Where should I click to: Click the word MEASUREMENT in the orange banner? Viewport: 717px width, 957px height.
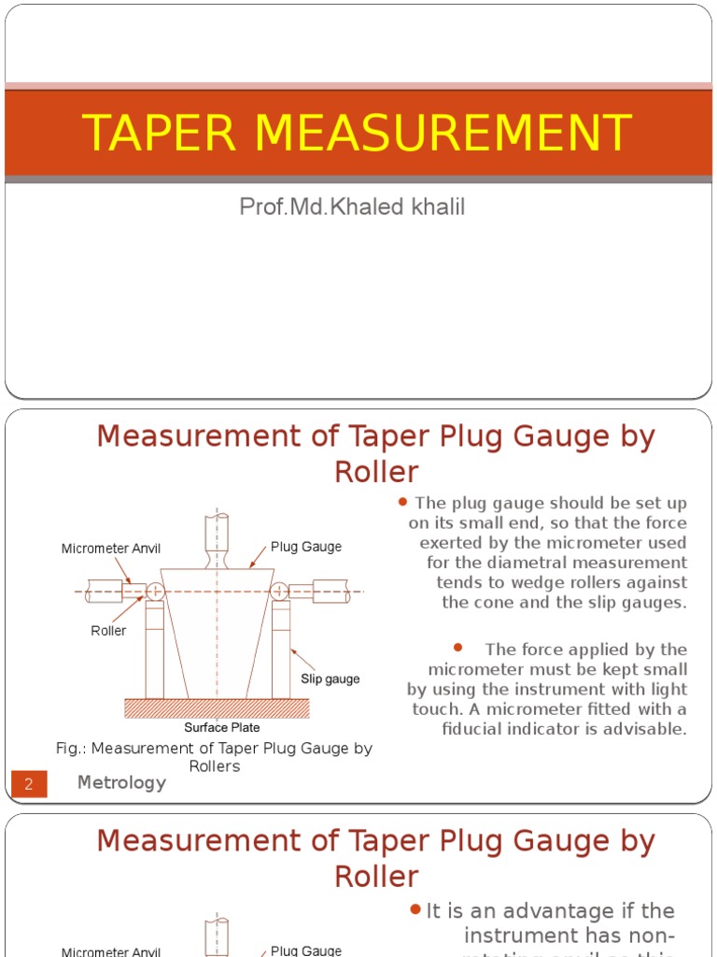tap(443, 133)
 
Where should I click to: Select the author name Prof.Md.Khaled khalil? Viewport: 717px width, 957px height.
tap(352, 207)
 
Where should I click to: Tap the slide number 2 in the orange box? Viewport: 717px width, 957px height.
tap(28, 784)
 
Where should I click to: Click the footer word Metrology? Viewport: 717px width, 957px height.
tap(121, 783)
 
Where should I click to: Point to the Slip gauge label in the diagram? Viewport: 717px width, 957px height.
tap(330, 678)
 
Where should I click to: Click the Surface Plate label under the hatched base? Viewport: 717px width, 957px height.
tap(221, 727)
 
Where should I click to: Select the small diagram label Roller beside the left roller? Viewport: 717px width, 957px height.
tap(108, 631)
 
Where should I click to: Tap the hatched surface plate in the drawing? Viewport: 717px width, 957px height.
tap(217, 708)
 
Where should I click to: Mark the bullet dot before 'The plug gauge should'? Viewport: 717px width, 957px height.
tap(403, 502)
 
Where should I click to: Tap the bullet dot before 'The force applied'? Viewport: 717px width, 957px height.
tap(458, 648)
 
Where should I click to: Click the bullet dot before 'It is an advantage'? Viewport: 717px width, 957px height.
tap(415, 909)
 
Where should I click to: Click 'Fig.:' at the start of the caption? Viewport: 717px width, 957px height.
tap(71, 749)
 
